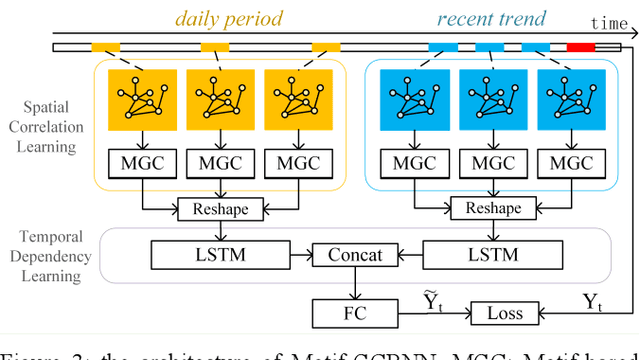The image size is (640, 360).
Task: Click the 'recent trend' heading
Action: [x=491, y=17]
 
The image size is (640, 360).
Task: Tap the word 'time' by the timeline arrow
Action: [x=609, y=22]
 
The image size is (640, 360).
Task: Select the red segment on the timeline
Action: [x=580, y=47]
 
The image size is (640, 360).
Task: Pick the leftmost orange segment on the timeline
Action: [x=106, y=47]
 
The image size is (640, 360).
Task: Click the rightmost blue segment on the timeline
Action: [x=535, y=47]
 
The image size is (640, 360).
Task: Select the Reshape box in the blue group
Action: [x=488, y=208]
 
